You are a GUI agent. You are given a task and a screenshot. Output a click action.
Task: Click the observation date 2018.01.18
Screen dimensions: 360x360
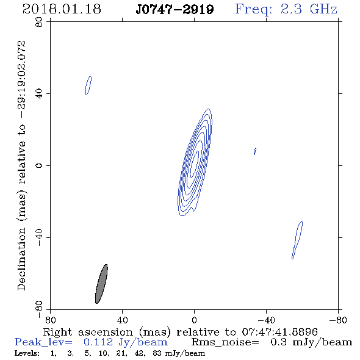pos(62,9)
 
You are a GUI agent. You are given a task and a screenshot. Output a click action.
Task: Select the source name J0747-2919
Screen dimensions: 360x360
pos(175,10)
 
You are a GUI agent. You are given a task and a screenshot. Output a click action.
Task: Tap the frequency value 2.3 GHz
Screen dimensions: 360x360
pos(309,9)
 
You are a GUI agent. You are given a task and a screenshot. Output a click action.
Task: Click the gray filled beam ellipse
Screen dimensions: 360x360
pos(101,284)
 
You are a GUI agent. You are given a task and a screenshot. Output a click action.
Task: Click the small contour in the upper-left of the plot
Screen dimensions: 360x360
pos(88,85)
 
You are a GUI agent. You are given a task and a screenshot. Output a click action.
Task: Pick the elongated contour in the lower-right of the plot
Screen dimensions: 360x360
pos(297,240)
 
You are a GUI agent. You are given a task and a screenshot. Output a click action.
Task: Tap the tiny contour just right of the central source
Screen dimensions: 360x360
pos(255,151)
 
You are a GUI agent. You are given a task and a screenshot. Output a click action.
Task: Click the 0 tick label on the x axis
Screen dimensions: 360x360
pos(194,320)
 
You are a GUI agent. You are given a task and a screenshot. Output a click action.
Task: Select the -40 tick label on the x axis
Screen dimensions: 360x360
pos(266,320)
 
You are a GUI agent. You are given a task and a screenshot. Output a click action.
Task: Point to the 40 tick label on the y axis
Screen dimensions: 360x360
pos(39,94)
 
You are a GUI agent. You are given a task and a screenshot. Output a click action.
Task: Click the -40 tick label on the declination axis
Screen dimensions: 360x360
pos(39,237)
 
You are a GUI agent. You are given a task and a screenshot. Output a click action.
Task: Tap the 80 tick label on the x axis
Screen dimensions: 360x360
pos(50,320)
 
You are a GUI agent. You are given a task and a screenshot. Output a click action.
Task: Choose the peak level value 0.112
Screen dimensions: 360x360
pos(98,342)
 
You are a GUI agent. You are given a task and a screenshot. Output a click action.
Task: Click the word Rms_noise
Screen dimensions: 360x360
pos(225,342)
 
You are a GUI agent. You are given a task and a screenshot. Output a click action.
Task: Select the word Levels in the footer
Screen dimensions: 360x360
pos(27,353)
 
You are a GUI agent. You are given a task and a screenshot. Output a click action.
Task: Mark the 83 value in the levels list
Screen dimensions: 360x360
pos(157,353)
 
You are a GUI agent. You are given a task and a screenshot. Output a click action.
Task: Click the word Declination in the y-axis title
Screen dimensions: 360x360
pos(21,259)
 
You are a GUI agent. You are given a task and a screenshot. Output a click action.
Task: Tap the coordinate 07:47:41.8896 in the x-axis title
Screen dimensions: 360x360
pos(279,332)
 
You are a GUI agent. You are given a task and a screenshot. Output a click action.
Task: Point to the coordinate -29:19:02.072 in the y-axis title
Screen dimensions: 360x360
pos(21,79)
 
